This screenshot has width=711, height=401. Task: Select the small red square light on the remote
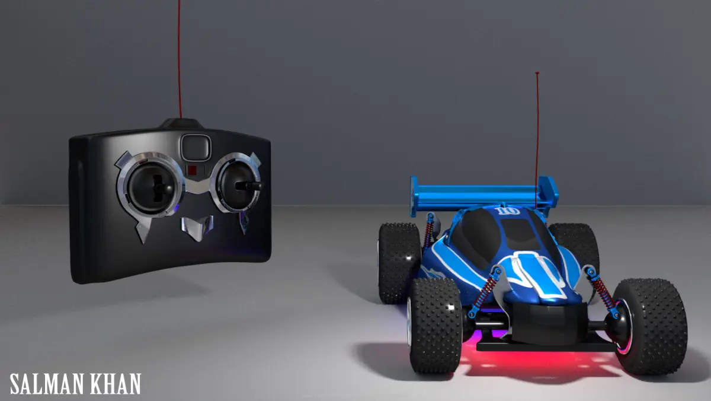coord(192,170)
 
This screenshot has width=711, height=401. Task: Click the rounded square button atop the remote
coord(196,148)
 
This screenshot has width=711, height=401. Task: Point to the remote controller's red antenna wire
coord(180,59)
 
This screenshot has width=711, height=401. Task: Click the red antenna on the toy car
coord(537,140)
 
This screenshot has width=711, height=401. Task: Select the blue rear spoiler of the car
coord(484,195)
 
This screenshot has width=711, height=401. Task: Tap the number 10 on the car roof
coord(508,211)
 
